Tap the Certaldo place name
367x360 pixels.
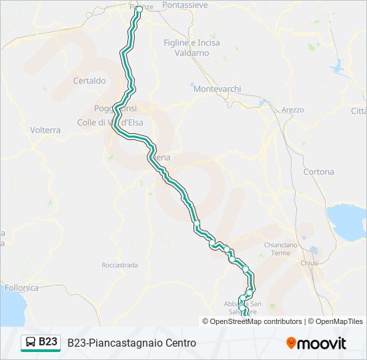(89, 81)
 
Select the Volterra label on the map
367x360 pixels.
(45, 130)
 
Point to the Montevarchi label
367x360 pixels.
(213, 88)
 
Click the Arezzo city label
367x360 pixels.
(292, 109)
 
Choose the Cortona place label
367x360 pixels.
(318, 171)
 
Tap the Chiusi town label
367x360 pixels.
(310, 263)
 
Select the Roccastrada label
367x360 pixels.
(119, 265)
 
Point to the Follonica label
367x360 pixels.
(21, 288)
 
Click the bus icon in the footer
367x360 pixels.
(31, 342)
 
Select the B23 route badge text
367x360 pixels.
(48, 342)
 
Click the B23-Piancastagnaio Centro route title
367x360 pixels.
(131, 343)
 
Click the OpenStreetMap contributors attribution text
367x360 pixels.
(256, 321)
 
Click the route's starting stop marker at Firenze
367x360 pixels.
(139, 9)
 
